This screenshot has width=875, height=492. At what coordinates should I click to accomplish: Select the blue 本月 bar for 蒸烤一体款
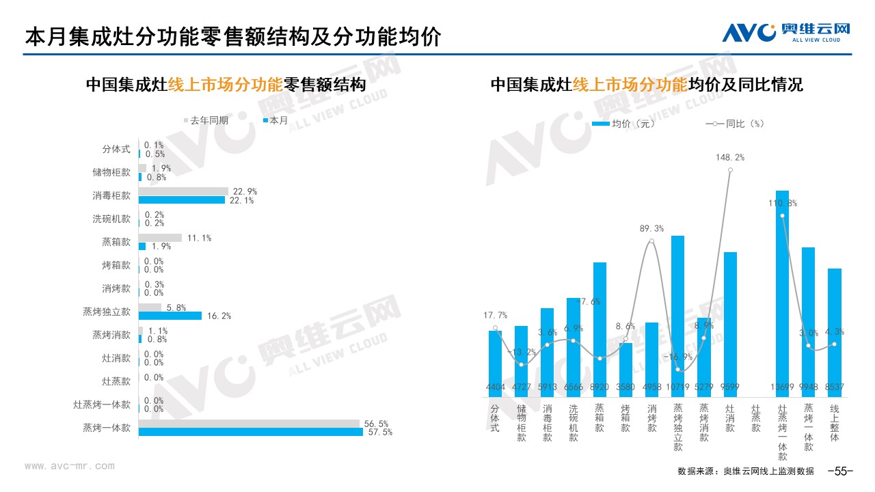click(250, 432)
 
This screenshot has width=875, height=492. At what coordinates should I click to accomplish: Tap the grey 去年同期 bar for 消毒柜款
click(183, 191)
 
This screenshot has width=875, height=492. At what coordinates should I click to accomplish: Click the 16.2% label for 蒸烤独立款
click(218, 316)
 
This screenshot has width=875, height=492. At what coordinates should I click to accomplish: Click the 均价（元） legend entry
click(624, 124)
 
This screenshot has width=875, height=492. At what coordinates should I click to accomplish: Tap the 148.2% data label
click(730, 157)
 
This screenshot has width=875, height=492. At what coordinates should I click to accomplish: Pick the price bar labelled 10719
click(678, 314)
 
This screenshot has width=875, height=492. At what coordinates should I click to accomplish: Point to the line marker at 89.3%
click(652, 241)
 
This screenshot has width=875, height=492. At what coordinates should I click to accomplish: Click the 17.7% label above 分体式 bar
click(495, 315)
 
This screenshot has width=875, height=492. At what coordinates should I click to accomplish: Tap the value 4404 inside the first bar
click(495, 387)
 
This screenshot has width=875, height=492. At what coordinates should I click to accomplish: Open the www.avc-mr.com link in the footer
click(70, 466)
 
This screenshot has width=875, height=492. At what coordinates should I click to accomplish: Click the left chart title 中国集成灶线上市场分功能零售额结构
click(226, 85)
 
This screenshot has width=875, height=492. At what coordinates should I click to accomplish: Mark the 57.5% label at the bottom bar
click(379, 433)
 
